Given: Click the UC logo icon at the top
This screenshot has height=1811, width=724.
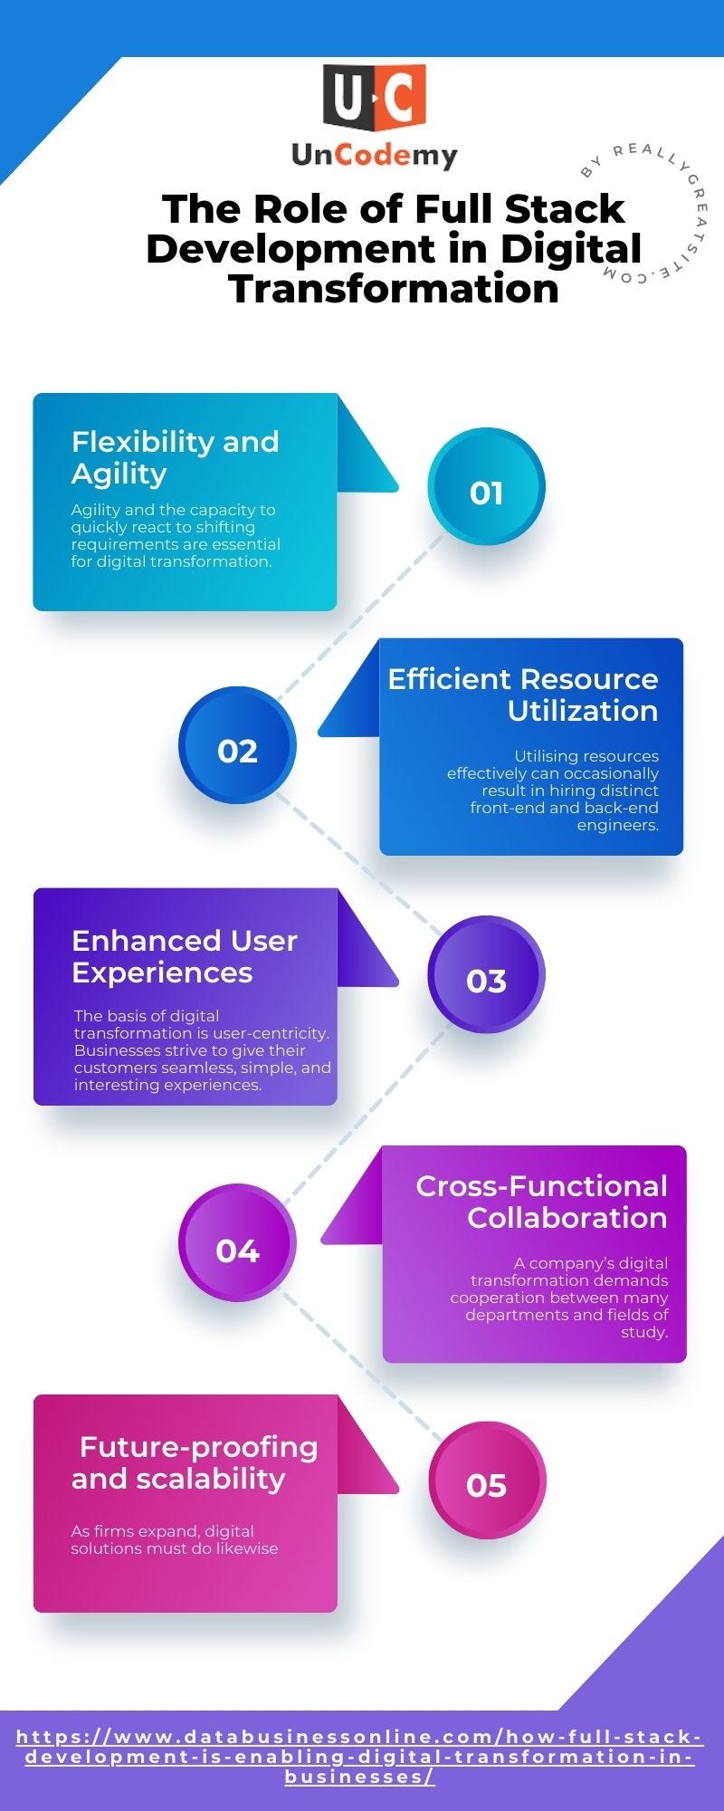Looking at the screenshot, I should pyautogui.click(x=374, y=97).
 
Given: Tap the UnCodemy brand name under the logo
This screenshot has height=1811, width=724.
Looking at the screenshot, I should pyautogui.click(x=374, y=156).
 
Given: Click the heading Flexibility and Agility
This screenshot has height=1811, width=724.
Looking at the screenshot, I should pyautogui.click(x=175, y=457).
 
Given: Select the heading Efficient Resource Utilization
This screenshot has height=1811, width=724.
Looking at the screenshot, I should pyautogui.click(x=523, y=695).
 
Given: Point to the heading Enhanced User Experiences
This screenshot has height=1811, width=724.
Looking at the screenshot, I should pyautogui.click(x=184, y=956).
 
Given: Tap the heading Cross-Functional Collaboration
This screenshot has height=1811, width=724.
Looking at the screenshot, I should pyautogui.click(x=541, y=1202).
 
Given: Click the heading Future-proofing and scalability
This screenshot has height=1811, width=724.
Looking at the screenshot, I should pyautogui.click(x=195, y=1462).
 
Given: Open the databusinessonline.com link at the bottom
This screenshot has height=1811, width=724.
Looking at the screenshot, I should pyautogui.click(x=360, y=1757).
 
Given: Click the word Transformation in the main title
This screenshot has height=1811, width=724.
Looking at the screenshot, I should pyautogui.click(x=394, y=289).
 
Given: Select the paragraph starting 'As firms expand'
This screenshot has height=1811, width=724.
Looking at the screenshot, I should pyautogui.click(x=175, y=1539).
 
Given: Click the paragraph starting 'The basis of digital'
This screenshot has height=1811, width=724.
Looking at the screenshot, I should pyautogui.click(x=202, y=1050).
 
